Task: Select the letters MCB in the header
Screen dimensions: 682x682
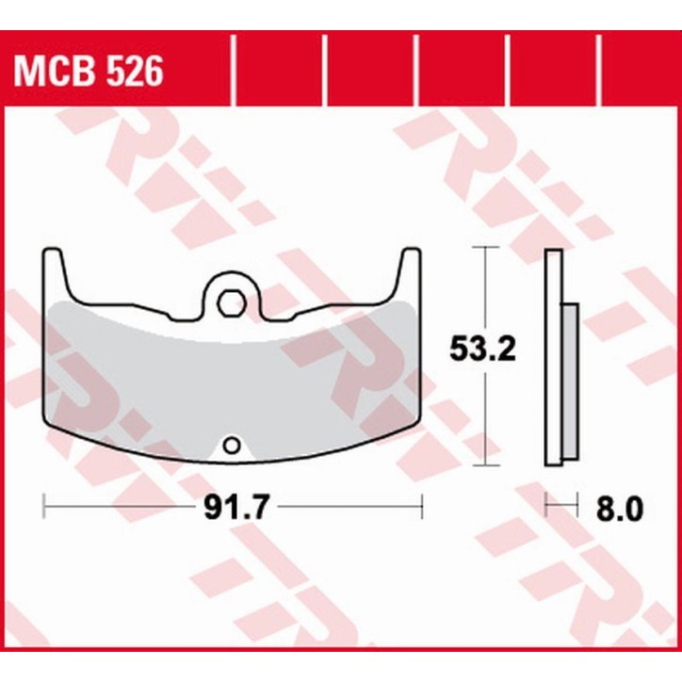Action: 57,69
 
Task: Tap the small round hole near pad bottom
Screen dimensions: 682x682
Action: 231,445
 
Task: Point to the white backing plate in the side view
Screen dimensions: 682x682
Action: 554,358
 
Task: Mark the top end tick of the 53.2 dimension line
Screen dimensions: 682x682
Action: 484,247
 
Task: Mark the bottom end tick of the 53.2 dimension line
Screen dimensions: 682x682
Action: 484,465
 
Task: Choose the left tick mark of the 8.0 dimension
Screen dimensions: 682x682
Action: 547,508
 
